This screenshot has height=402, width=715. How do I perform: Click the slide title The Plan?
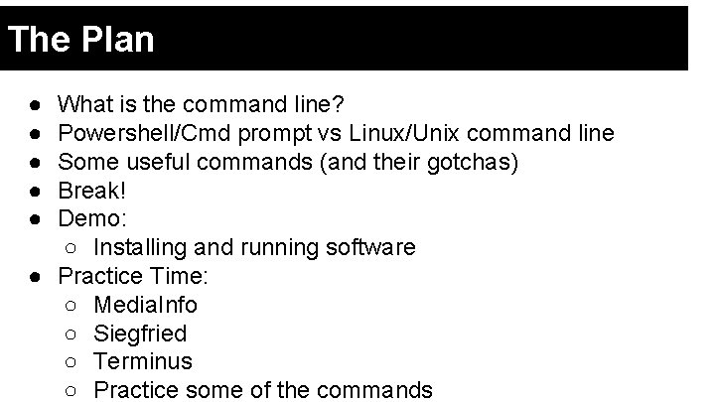click(80, 40)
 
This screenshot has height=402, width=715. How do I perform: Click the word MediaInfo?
click(145, 305)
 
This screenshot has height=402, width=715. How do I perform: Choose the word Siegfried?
click(140, 334)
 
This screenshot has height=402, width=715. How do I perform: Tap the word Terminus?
click(142, 361)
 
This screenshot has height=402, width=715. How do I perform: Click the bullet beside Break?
click(35, 190)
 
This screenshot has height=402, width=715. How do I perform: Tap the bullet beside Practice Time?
click(35, 276)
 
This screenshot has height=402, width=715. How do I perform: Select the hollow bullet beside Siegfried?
click(71, 334)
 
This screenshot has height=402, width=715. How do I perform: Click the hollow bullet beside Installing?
click(71, 247)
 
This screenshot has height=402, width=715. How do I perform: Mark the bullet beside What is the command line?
click(35, 104)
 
